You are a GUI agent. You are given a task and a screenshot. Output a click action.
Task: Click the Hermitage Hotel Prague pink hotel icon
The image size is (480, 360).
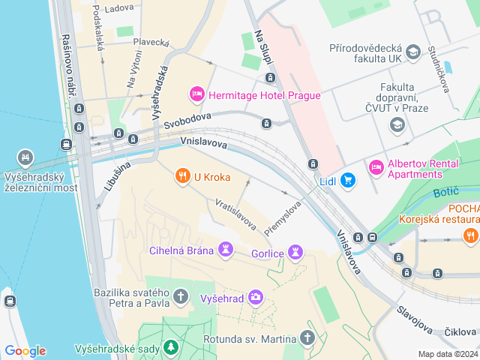coord(196,94)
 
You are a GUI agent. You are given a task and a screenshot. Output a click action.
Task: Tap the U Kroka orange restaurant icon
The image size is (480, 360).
coord(181,177)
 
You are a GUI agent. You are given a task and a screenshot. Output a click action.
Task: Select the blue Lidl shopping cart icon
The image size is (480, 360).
coord(347,180)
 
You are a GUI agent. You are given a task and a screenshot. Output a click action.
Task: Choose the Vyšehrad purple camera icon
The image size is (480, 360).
coord(256,298)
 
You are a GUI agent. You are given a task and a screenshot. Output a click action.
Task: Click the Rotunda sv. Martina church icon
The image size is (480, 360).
coord(307,338)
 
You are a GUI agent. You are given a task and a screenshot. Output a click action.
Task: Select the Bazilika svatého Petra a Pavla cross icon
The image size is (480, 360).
coord(180,297)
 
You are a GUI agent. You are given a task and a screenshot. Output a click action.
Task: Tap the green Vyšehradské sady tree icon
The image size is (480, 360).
coord(172,348)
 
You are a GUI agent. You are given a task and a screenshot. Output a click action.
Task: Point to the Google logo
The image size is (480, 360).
coord(25,351)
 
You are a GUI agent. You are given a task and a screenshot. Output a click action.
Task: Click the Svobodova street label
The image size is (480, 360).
coord(188,121)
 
